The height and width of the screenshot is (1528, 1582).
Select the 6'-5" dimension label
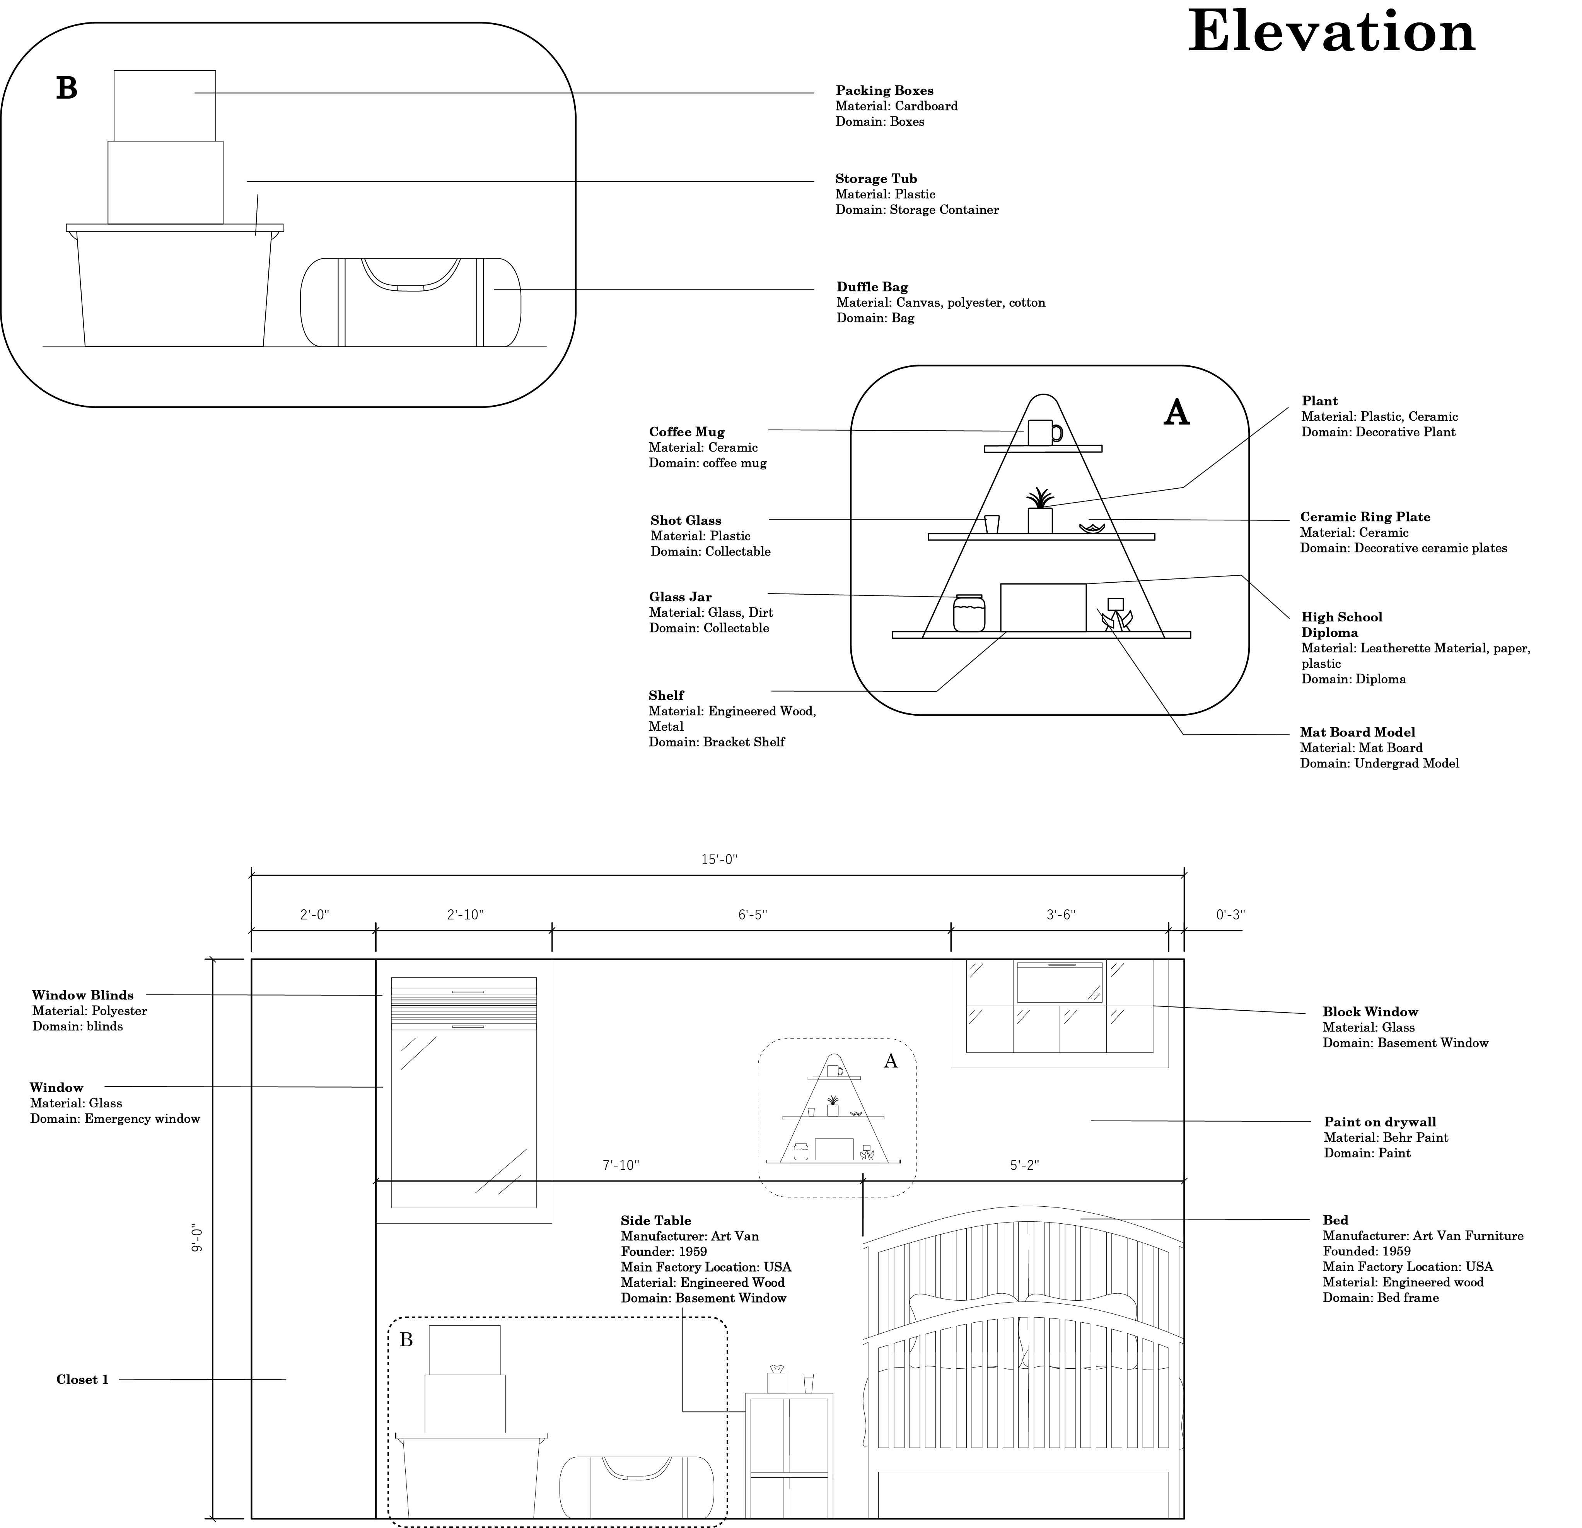point(752,914)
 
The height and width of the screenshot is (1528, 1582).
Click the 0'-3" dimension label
point(1230,914)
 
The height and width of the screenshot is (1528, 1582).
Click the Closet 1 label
point(82,1380)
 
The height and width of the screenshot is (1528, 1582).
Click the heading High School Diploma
point(1341,625)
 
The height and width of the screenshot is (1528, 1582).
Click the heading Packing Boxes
point(884,90)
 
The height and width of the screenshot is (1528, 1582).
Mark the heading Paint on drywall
point(1379,1122)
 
